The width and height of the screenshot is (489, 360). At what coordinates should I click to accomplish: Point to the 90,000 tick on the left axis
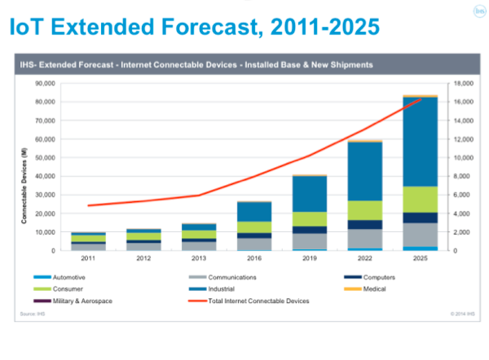[x=42, y=83]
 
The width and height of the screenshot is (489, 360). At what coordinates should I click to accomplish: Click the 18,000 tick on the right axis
[x=463, y=83]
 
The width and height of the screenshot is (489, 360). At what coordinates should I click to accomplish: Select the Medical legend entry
[x=376, y=289]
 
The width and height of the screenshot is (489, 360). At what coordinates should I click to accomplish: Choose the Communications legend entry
[x=236, y=278]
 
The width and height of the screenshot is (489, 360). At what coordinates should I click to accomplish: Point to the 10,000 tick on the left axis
[x=42, y=232]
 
